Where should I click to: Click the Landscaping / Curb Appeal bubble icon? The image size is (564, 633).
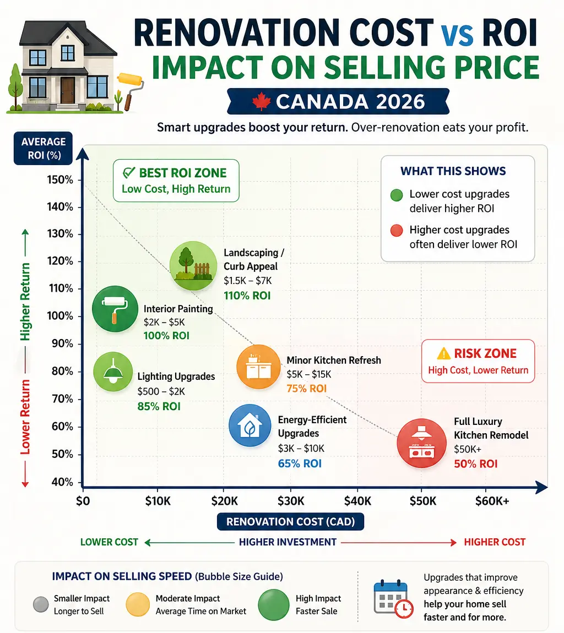click(x=193, y=266)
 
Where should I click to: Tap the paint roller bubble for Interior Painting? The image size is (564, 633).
click(x=115, y=309)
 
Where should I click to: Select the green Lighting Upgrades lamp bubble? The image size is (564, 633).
click(x=113, y=372)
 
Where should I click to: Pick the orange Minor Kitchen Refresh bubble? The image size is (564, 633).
click(x=258, y=367)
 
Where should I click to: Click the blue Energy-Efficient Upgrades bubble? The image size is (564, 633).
click(x=250, y=425)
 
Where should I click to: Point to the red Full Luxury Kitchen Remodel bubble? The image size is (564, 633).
click(x=422, y=443)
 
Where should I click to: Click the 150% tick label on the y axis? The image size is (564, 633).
click(x=60, y=179)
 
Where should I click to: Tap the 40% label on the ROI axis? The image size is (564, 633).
click(x=62, y=482)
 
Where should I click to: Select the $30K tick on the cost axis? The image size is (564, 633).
click(x=291, y=501)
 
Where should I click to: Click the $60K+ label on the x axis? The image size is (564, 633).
click(x=492, y=501)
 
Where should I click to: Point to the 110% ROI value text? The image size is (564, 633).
click(x=247, y=296)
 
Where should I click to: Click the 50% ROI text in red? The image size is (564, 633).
click(x=476, y=464)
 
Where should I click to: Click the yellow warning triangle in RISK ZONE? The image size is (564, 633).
click(x=443, y=353)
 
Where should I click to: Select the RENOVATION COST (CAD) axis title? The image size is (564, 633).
click(x=290, y=522)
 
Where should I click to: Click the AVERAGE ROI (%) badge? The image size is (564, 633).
click(x=43, y=148)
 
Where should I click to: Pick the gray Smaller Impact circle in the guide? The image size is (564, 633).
click(x=41, y=604)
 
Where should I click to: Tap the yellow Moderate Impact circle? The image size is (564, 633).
click(x=138, y=604)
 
